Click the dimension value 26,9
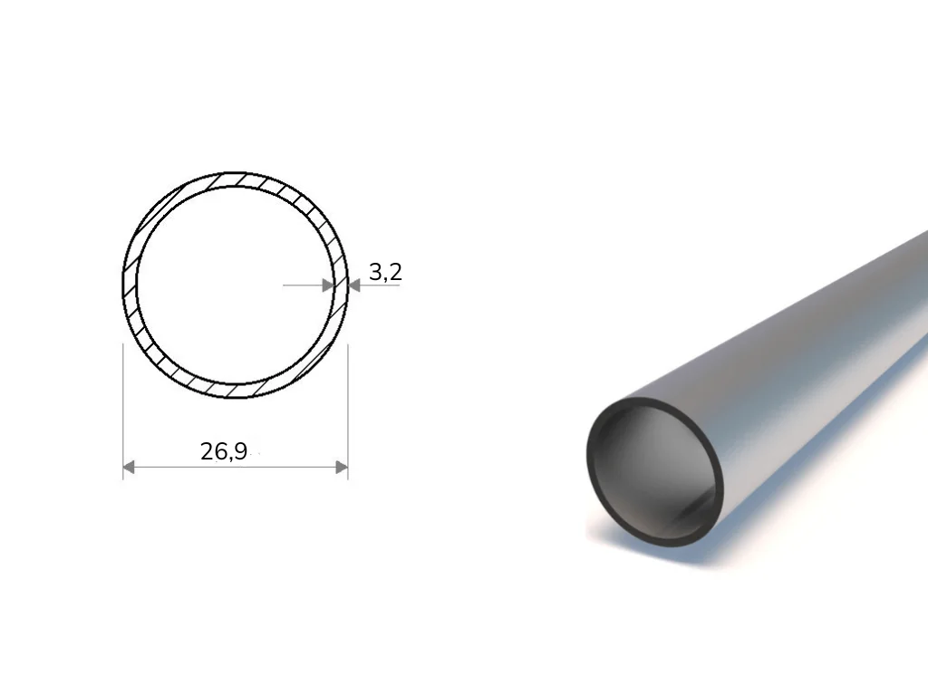(224, 451)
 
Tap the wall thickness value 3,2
(385, 272)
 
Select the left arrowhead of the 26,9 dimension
(129, 468)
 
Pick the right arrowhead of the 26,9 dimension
(342, 468)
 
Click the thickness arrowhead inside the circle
(328, 285)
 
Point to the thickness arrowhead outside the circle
(354, 285)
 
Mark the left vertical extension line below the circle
(122, 411)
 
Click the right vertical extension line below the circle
(348, 411)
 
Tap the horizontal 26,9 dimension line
(235, 468)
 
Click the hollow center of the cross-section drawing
(235, 285)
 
